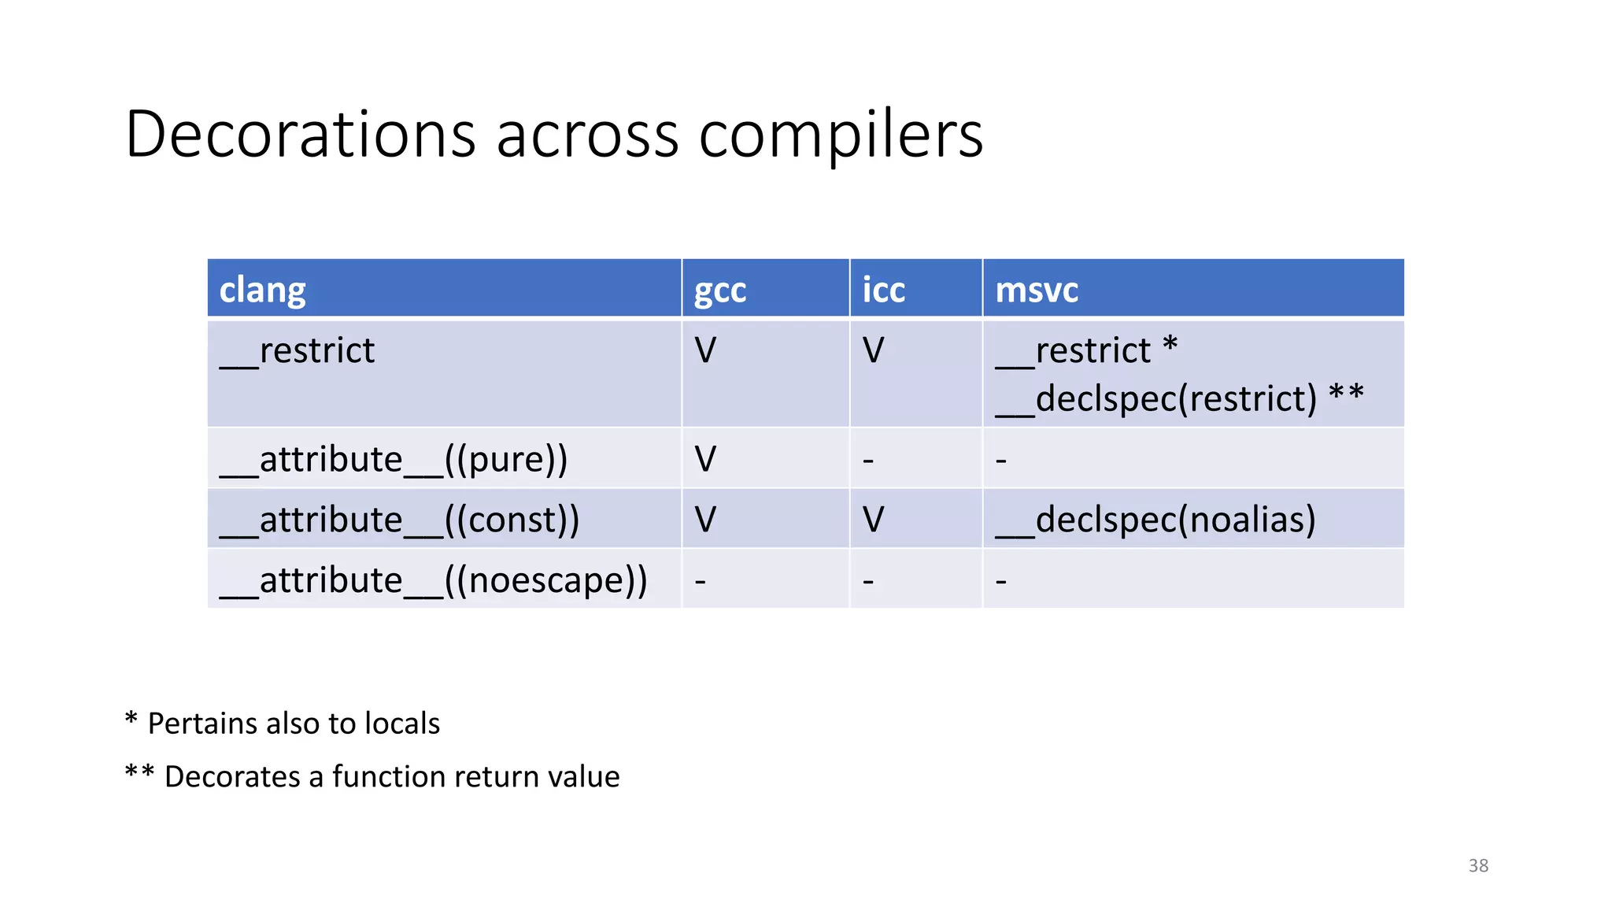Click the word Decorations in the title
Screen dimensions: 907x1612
click(300, 134)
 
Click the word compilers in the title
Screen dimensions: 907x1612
click(841, 135)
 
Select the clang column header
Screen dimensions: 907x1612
click(262, 290)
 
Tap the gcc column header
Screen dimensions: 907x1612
click(719, 291)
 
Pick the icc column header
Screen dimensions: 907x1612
click(883, 290)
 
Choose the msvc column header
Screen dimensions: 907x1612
click(1036, 290)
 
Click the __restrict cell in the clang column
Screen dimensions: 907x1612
click(298, 351)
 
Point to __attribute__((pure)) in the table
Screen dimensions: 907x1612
click(394, 459)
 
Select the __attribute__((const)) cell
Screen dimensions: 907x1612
click(400, 520)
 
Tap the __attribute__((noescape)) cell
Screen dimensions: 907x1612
click(434, 580)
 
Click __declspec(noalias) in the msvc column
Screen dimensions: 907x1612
click(1155, 520)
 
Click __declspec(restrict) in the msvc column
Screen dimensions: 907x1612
click(1155, 398)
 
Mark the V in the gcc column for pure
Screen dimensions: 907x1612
click(705, 459)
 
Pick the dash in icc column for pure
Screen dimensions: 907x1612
click(868, 459)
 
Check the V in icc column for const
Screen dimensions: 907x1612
click(873, 520)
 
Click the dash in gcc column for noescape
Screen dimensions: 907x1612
click(700, 581)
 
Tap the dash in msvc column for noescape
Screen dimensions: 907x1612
click(1000, 581)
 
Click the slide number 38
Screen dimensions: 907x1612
click(1478, 865)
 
